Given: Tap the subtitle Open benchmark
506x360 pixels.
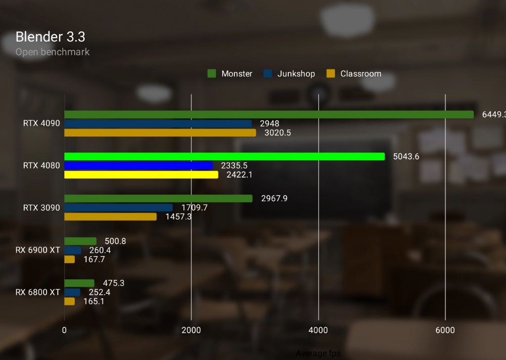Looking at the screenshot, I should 52,51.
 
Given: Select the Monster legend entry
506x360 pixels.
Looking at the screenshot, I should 230,74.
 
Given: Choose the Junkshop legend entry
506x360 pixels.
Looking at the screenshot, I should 289,74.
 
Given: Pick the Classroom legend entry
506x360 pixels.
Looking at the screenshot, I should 354,74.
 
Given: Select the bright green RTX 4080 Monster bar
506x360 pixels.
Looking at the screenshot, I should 225,156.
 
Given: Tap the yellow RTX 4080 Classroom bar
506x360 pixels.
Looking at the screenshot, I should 141,175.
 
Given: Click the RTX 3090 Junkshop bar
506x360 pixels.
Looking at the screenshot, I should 119,208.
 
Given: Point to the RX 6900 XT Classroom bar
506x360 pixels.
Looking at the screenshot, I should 70,259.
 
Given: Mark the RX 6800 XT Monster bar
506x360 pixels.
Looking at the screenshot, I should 79,283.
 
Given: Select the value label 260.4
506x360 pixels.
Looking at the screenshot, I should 100,250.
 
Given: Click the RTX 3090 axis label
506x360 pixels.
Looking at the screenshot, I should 42,208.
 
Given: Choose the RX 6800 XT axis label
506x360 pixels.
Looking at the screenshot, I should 38,292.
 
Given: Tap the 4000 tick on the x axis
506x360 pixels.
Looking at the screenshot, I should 318,330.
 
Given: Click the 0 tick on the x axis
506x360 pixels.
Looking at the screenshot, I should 65,330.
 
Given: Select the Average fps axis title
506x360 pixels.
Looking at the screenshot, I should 318,353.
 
